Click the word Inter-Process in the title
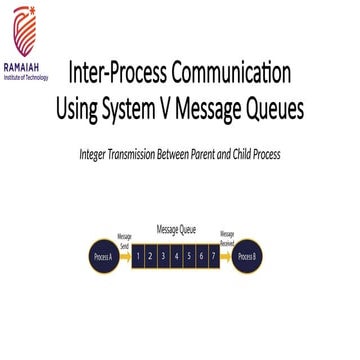click(x=117, y=73)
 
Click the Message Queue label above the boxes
click(x=176, y=229)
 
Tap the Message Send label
click(x=124, y=240)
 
